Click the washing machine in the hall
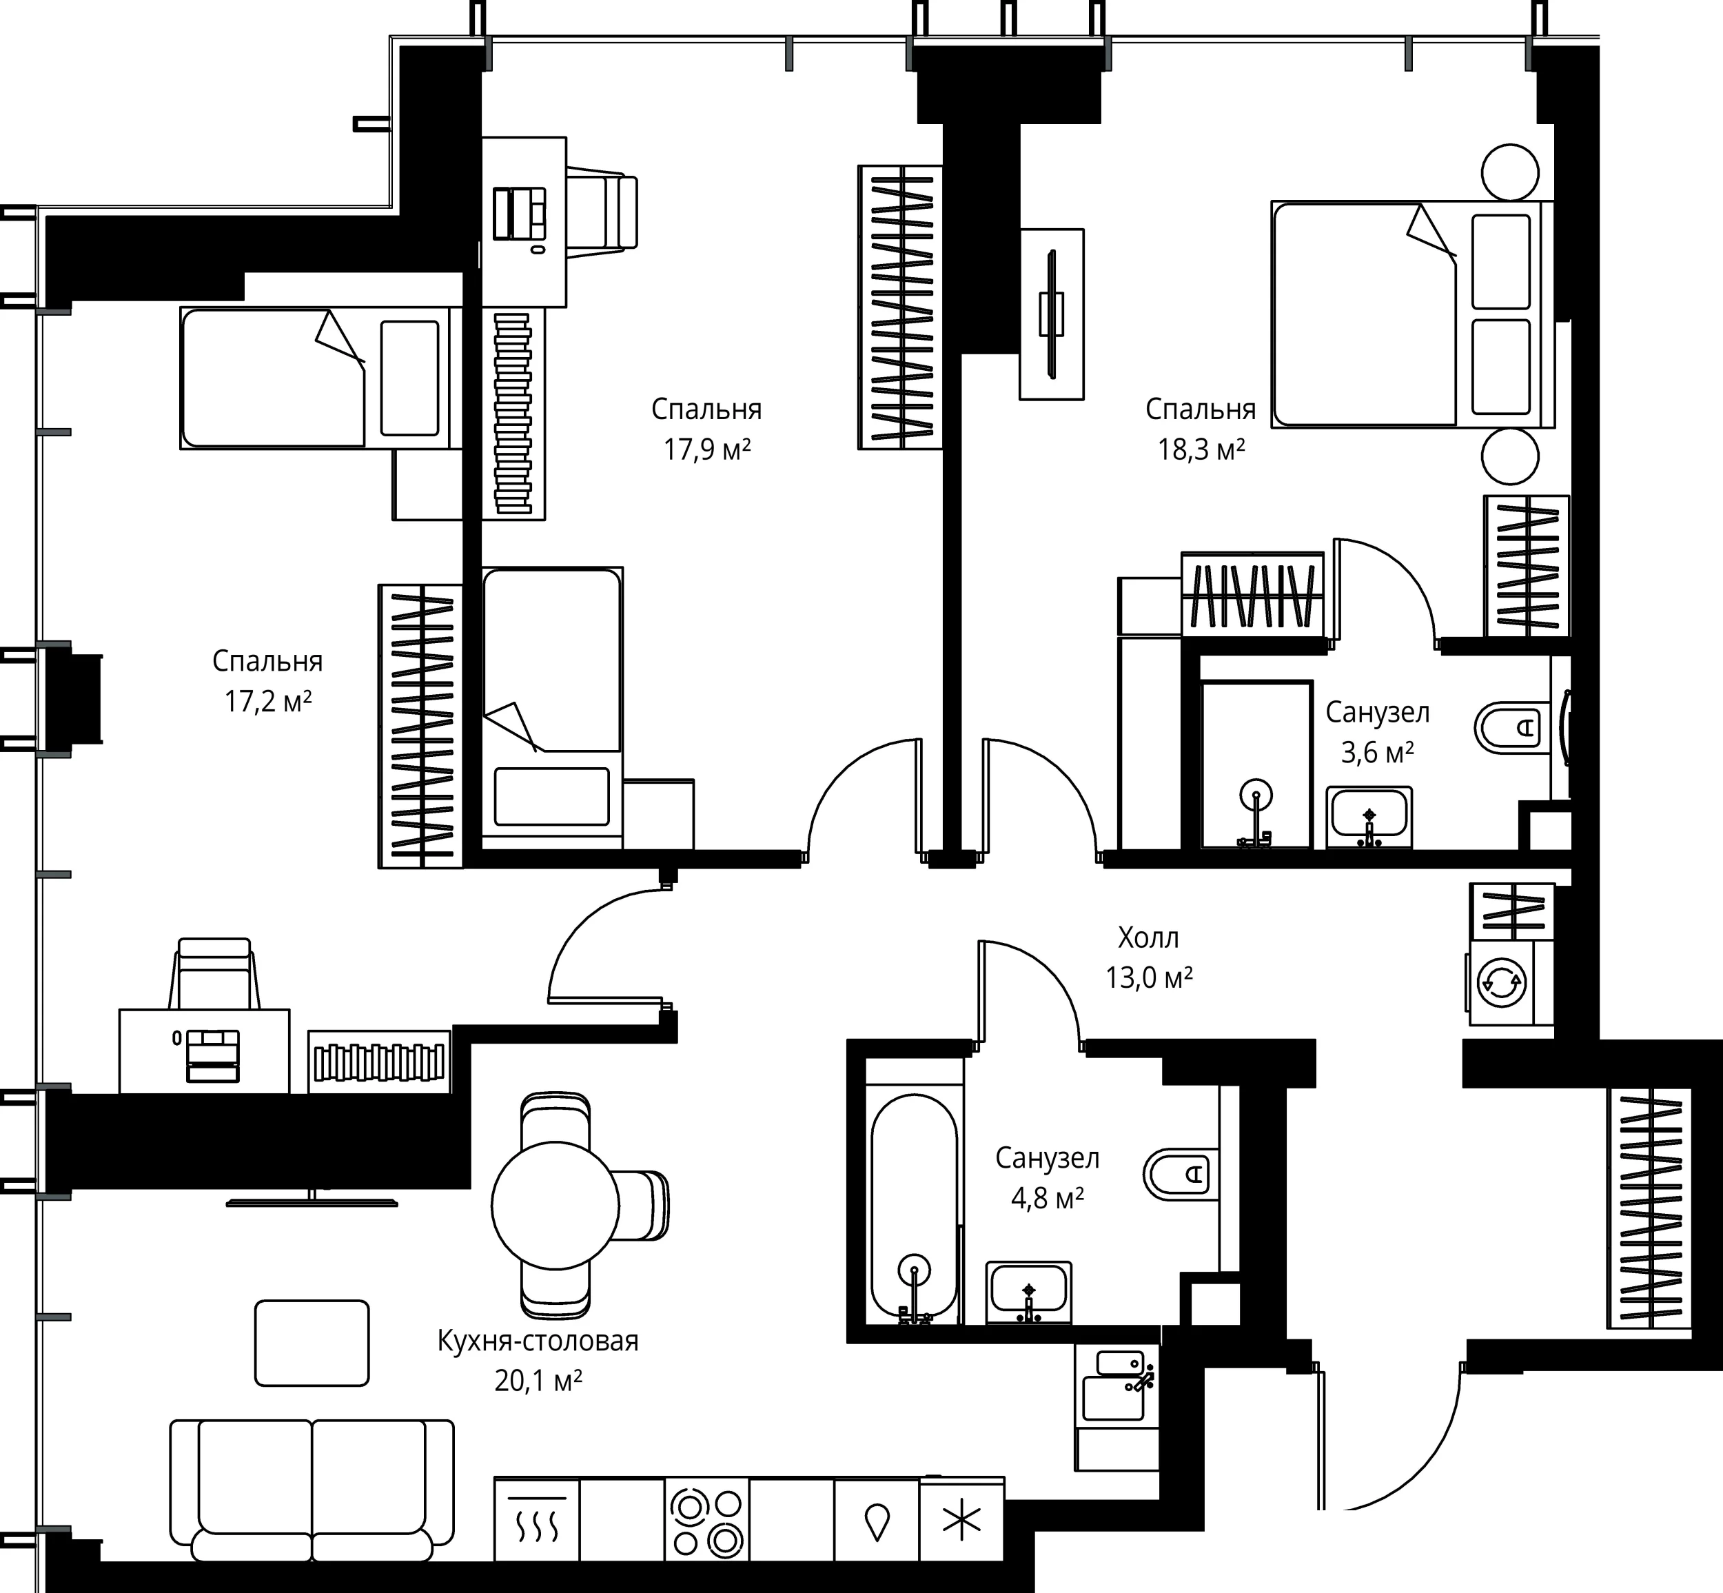(x=1509, y=982)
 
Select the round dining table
(x=555, y=1204)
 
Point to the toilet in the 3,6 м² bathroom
(x=1513, y=727)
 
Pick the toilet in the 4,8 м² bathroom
(x=1182, y=1173)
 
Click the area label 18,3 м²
(x=1201, y=449)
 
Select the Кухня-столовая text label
(x=538, y=1341)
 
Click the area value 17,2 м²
(x=268, y=701)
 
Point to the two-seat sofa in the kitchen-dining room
(x=312, y=1490)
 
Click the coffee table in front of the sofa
(x=312, y=1343)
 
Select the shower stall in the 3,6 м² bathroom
(x=1256, y=764)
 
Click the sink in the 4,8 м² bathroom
(x=1028, y=1293)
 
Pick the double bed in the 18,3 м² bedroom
(x=1413, y=314)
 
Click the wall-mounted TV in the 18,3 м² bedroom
(x=1052, y=314)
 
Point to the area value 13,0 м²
(x=1149, y=977)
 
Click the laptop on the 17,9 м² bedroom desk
(x=520, y=214)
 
